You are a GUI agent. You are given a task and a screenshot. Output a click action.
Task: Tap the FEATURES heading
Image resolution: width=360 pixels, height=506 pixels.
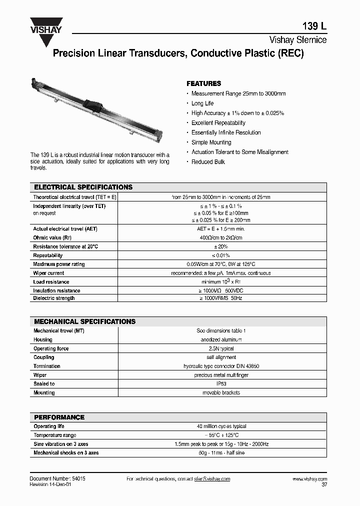pos(203,83)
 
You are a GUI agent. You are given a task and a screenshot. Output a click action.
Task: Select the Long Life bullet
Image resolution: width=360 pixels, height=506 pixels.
pos(202,103)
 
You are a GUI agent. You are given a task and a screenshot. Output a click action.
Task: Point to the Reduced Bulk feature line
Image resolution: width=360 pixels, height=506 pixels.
pos(208,162)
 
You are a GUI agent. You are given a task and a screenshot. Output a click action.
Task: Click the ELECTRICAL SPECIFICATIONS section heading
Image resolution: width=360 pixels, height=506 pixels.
pos(83,187)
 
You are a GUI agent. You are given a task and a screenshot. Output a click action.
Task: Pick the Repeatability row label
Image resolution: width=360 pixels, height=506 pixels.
pos(47,255)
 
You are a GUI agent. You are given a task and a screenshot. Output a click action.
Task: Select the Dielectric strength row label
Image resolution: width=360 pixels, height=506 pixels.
pos(54,298)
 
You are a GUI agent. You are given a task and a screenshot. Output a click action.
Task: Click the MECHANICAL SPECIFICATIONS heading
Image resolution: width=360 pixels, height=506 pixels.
pos(84,321)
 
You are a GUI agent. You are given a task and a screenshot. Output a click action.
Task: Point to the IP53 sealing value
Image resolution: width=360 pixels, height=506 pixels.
pos(221,384)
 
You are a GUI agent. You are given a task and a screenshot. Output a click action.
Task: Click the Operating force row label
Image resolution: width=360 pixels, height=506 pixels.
pos(51,348)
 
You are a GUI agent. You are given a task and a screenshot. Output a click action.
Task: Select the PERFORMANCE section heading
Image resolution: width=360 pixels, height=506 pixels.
pos(59,417)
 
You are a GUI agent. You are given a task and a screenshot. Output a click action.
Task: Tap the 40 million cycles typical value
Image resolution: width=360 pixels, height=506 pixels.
pos(221,426)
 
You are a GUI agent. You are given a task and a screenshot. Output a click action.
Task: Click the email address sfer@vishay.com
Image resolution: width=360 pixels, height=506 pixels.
pos(211,479)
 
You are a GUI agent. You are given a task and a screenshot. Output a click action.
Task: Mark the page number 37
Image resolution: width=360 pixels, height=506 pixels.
pos(323,485)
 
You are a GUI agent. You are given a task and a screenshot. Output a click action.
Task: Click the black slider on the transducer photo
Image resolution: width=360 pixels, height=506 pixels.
pos(94,103)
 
